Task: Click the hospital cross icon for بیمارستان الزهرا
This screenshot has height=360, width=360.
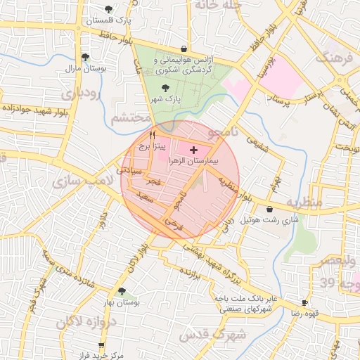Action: pyautogui.click(x=194, y=150)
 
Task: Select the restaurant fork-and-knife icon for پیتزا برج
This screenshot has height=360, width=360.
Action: pyautogui.click(x=153, y=135)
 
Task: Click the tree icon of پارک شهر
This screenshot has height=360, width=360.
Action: pyautogui.click(x=165, y=89)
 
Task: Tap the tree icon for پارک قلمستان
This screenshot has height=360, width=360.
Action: pyautogui.click(x=108, y=10)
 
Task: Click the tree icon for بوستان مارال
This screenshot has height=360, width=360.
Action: pyautogui.click(x=85, y=58)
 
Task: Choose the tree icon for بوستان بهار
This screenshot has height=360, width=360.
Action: pyautogui.click(x=122, y=291)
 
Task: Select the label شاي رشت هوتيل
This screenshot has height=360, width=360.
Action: pyautogui.click(x=270, y=220)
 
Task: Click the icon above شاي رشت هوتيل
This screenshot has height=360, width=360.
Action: pyautogui.click(x=270, y=210)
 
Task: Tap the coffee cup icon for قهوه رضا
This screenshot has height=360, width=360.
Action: pyautogui.click(x=304, y=302)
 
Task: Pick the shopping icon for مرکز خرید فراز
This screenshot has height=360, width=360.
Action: pyautogui.click(x=102, y=345)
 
